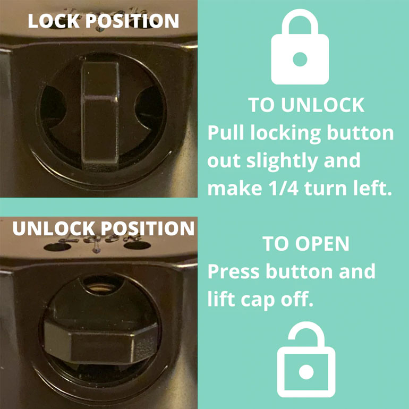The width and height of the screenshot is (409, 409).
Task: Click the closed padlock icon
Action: pos(300,51)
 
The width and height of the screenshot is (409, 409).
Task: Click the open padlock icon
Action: pos(305,361)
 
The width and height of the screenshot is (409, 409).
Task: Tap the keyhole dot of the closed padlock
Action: pos(300,59)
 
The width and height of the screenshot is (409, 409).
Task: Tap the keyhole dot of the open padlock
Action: pos(305,371)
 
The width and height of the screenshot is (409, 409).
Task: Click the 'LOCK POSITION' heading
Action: pos(104,21)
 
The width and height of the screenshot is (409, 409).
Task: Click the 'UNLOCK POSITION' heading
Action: pos(104,228)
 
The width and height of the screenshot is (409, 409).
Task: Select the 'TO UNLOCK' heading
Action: pos(306,105)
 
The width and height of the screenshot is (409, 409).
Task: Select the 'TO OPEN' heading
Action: pos(306,244)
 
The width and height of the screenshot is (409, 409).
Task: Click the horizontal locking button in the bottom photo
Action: pos(98,340)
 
